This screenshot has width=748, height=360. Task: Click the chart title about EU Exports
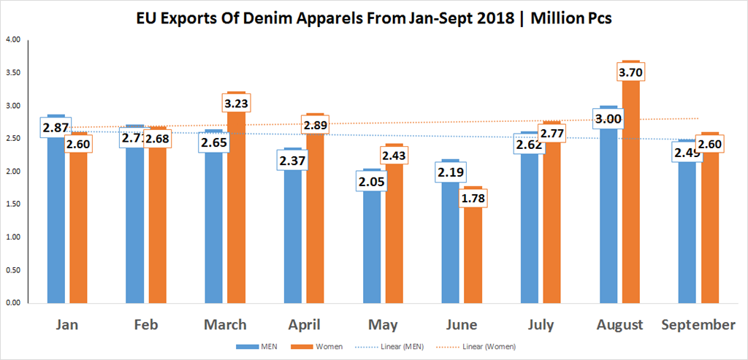pos(373,18)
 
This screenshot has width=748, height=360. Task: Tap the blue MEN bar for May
pos(372,248)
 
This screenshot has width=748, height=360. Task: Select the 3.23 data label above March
pos(237,104)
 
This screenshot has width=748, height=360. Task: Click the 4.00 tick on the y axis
pos(12,39)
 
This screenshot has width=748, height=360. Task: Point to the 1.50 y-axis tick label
pos(12,204)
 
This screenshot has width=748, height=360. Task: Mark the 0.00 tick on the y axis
pos(12,302)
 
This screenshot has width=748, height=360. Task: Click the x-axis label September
pos(698,324)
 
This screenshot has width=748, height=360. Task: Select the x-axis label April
pos(304,324)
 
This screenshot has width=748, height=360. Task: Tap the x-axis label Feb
pos(147,324)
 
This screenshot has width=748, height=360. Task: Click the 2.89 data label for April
pos(316,126)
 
